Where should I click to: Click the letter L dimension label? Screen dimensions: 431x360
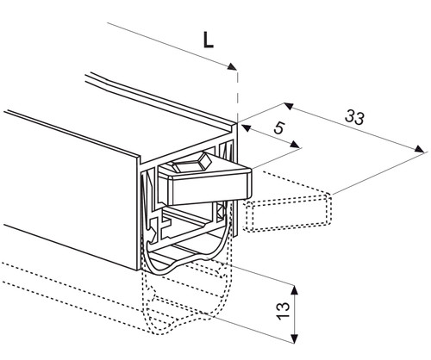point(209,40)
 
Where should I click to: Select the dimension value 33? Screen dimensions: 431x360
point(354,117)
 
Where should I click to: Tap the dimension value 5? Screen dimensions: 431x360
point(279,127)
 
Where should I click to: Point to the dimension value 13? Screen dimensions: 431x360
point(283,311)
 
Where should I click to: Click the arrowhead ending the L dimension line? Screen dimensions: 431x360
point(232,67)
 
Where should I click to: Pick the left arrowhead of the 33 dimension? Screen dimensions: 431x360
point(289,106)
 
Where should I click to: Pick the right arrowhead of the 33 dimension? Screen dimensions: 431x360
point(419,149)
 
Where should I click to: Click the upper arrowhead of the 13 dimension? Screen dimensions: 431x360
point(294,290)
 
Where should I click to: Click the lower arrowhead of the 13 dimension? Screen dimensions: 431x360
point(294,338)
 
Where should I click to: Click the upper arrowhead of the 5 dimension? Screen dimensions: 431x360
point(246,128)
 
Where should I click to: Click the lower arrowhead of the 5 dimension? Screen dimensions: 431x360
point(295,145)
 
